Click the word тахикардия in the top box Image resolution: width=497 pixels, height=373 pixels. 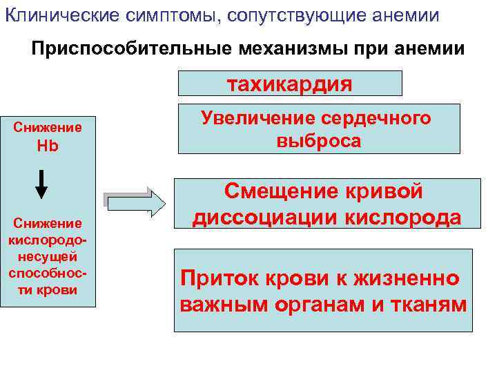[x=290, y=84]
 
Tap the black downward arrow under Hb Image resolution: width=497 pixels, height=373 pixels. [x=41, y=183]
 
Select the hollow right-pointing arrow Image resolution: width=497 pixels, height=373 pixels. [x=134, y=202]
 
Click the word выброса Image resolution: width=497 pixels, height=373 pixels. [x=318, y=141]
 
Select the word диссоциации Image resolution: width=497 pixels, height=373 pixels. [x=262, y=218]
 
